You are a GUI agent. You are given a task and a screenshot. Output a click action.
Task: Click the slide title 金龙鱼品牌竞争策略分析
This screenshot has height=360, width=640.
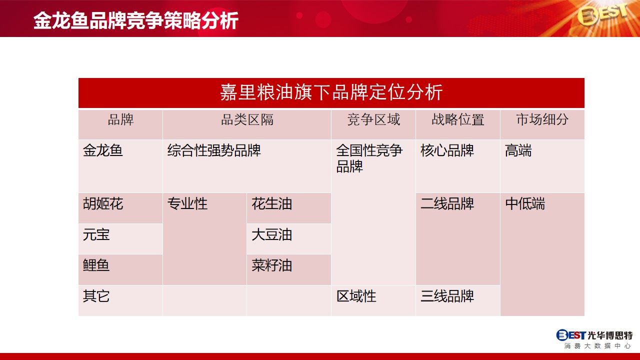(136, 20)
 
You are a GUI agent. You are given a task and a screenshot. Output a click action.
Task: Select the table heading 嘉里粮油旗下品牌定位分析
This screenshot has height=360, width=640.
(331, 92)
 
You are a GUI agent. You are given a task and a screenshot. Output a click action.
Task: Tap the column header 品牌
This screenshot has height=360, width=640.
(120, 119)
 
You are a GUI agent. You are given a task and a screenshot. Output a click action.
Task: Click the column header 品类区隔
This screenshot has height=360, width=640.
(247, 119)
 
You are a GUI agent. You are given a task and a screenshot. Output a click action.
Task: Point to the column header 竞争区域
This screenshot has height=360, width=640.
(373, 119)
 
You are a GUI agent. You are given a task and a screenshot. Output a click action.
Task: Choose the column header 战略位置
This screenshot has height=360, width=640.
(457, 119)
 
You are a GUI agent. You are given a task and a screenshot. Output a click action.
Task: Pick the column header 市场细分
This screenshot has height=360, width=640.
(542, 119)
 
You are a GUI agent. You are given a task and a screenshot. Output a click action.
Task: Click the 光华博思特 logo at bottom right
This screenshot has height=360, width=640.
(594, 339)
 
